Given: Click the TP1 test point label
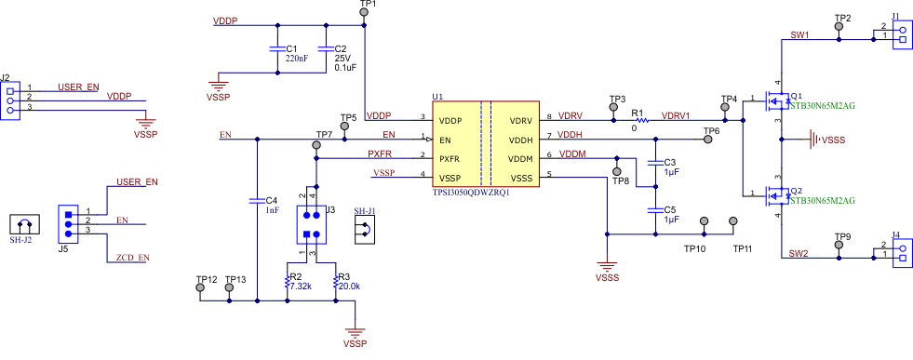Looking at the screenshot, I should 367,5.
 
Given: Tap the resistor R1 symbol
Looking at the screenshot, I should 640,120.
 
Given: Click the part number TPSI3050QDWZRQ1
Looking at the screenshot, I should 471,192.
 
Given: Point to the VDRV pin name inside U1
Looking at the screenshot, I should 520,121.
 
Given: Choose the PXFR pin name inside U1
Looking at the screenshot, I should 450,158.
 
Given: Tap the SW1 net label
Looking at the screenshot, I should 799,34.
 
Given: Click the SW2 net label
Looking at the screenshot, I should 799,253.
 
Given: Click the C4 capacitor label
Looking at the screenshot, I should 271,200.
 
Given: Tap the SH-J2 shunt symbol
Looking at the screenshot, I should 21,224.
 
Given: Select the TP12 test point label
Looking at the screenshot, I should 207,279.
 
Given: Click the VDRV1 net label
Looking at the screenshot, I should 676,116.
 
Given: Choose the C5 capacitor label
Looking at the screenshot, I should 670,210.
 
